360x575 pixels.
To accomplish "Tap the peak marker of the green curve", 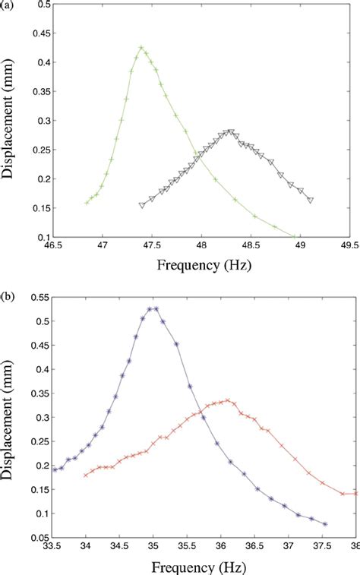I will coord(141,47).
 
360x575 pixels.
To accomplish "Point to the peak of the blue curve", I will coord(153,308).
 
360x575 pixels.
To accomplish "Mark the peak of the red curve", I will coord(228,400).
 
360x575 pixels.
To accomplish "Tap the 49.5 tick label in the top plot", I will coord(347,245).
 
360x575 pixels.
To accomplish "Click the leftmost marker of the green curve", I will coord(87,203).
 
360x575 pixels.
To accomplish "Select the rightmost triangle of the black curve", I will coord(311,201).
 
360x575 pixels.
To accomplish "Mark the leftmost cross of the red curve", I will coord(85,475).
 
